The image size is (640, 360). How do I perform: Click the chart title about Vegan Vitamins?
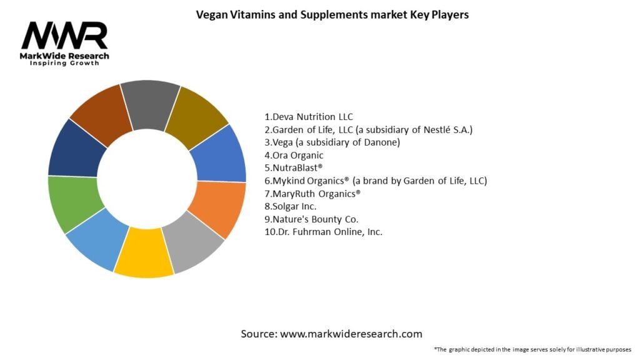click(332, 15)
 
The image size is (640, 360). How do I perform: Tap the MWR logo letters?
click(64, 36)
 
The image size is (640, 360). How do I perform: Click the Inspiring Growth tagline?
click(64, 63)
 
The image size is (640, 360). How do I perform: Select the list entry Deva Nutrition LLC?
click(309, 117)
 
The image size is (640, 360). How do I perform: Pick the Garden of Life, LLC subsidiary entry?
click(369, 130)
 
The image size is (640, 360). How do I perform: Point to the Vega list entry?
click(332, 142)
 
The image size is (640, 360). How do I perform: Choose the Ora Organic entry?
click(294, 155)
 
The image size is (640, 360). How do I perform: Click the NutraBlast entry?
click(294, 167)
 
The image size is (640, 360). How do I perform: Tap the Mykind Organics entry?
click(376, 181)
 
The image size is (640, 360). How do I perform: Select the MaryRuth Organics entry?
click(312, 194)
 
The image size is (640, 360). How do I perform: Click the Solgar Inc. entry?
click(291, 206)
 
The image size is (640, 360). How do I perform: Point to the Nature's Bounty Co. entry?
click(311, 219)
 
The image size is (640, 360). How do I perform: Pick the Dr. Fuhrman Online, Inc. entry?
click(324, 232)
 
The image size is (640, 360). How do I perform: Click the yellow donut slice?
click(144, 252)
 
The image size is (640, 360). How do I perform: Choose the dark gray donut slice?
click(150, 104)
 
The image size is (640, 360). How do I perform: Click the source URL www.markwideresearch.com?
click(351, 334)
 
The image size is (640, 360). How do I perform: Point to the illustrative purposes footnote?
click(532, 349)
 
